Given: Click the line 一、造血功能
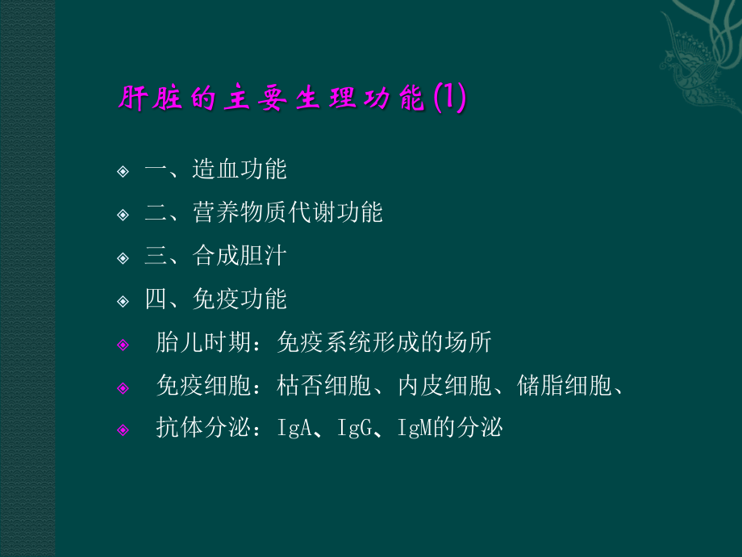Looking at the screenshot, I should (x=215, y=170).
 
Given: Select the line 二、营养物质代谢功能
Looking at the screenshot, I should (x=263, y=213).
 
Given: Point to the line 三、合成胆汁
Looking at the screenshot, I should (x=215, y=257).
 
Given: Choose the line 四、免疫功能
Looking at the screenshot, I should (x=215, y=300).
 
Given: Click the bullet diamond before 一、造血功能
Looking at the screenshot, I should (x=123, y=171).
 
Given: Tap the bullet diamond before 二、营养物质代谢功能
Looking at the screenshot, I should (x=123, y=215).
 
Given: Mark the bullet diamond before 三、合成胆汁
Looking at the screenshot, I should (x=123, y=258).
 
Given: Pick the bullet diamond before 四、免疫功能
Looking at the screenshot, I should (x=123, y=302).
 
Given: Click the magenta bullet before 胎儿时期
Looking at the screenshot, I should (x=123, y=345).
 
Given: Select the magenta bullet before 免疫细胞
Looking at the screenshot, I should (x=123, y=388).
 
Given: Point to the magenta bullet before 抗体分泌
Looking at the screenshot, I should (x=123, y=430).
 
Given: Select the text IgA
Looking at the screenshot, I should (x=294, y=429).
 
